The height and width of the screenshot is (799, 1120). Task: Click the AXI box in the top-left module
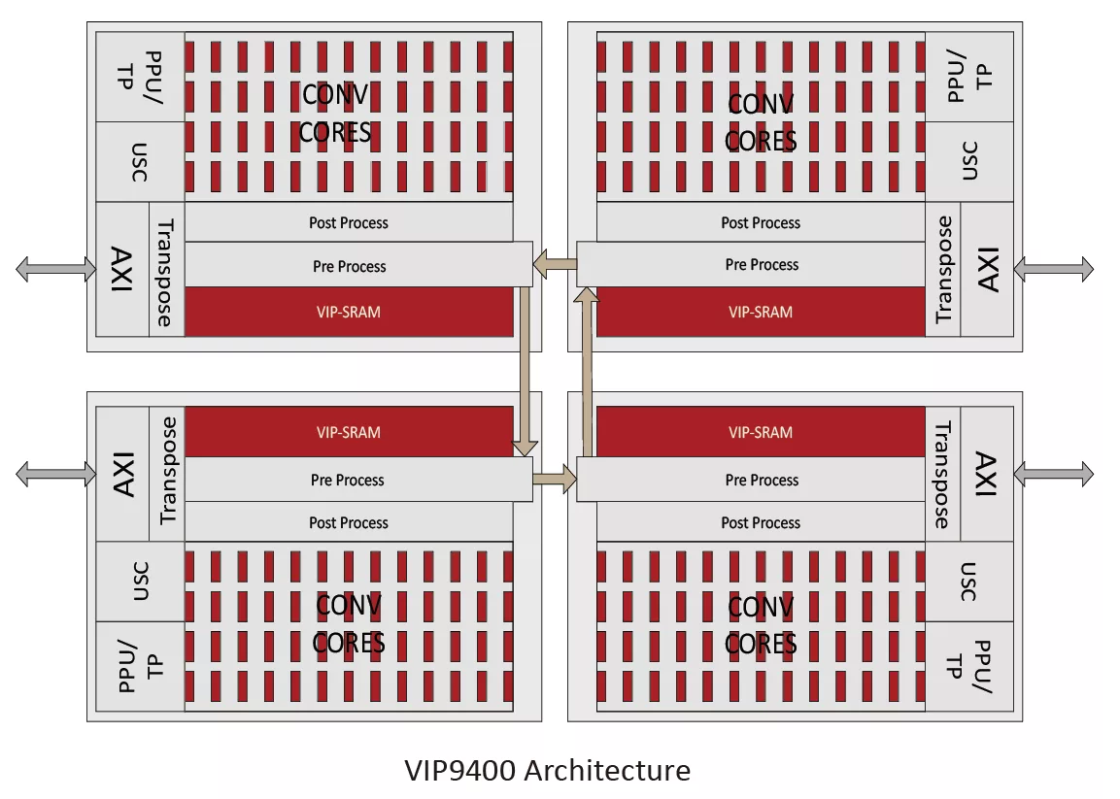(122, 269)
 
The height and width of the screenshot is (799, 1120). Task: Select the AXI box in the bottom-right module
(986, 474)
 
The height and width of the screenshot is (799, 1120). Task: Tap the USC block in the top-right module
(969, 161)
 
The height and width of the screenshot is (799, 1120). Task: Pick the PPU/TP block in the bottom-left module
(140, 666)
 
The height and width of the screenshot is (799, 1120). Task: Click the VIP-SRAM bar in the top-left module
(349, 312)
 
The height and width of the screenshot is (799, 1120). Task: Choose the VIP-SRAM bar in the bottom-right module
(761, 432)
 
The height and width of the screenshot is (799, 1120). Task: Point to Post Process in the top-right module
(761, 222)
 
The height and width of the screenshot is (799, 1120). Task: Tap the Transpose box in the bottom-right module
(943, 474)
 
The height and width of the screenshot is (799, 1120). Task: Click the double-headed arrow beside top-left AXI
(55, 269)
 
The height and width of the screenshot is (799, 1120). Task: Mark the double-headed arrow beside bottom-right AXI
(1054, 474)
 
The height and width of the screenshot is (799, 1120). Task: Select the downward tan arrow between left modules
(525, 371)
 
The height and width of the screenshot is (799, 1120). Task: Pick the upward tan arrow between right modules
(587, 371)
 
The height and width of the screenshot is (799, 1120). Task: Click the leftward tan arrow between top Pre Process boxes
(555, 264)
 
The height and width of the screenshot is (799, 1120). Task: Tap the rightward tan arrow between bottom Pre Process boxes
(555, 479)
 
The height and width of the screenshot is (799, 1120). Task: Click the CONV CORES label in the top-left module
(334, 114)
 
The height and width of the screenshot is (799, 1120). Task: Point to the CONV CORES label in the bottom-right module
(761, 625)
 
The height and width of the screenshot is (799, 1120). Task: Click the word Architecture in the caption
(607, 771)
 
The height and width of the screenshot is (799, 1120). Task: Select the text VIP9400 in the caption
(460, 771)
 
